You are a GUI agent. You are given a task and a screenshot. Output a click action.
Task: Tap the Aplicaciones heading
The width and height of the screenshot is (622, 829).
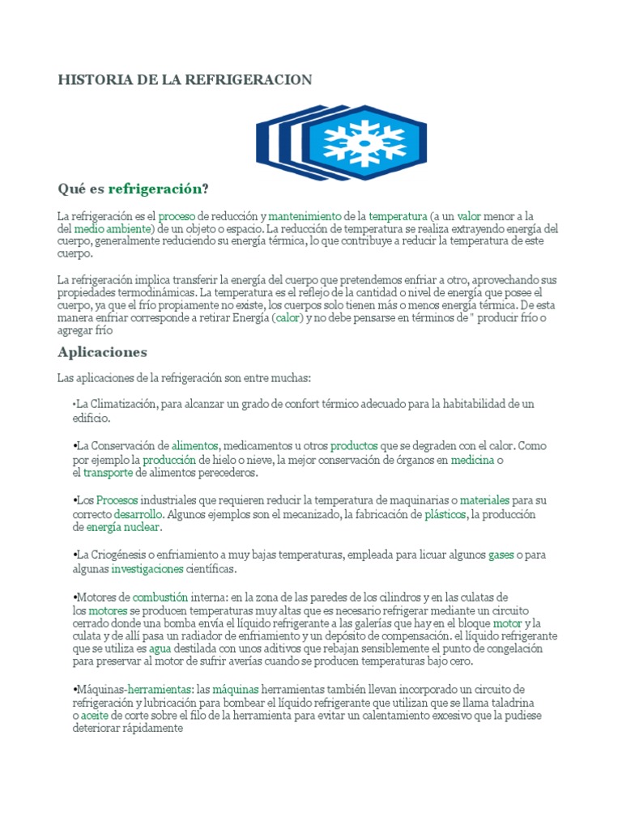pyautogui.click(x=102, y=352)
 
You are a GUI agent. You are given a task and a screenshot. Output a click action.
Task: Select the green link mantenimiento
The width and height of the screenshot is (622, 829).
pyautogui.click(x=305, y=217)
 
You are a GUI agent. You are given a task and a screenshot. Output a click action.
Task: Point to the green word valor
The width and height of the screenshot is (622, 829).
pyautogui.click(x=469, y=217)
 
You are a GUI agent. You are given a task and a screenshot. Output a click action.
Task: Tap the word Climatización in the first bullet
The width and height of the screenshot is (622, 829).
pyautogui.click(x=122, y=404)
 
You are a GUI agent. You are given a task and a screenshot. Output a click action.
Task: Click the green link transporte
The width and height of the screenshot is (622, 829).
pyautogui.click(x=109, y=473)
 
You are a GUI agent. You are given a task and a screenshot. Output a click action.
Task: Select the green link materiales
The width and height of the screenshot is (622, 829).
pyautogui.click(x=484, y=501)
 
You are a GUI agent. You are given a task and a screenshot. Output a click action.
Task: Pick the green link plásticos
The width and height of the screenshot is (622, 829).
pyautogui.click(x=445, y=514)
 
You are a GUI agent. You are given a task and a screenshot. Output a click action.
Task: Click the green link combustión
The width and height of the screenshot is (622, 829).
pyautogui.click(x=149, y=597)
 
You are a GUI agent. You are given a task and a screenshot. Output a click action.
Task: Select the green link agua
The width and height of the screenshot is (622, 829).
pyautogui.click(x=160, y=648)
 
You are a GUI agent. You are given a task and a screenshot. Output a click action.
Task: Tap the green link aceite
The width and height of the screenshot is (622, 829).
pyautogui.click(x=95, y=716)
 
